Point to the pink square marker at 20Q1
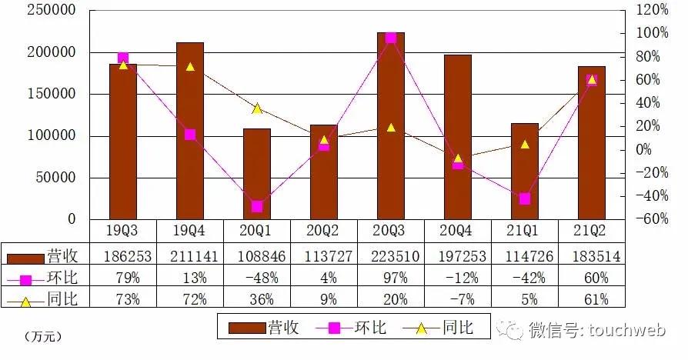tap(257, 206)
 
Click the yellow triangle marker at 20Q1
tap(257, 108)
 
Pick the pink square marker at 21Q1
tap(525, 198)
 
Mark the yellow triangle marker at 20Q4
tap(458, 158)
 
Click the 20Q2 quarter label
tap(324, 232)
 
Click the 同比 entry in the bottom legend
tap(456, 328)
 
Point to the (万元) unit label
tap(42, 336)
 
